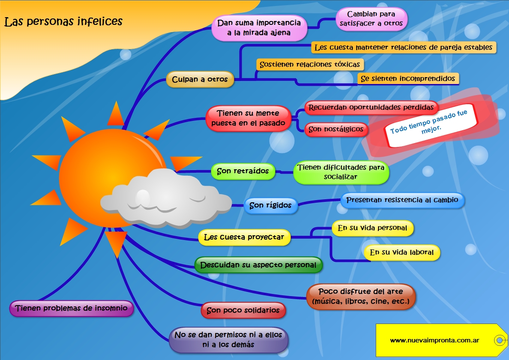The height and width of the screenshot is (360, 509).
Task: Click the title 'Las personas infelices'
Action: (x=63, y=21)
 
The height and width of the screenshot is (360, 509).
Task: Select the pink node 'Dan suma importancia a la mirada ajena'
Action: (x=259, y=28)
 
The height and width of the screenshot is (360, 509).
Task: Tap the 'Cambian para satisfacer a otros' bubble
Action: (x=371, y=19)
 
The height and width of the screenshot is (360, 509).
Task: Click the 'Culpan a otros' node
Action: (x=200, y=79)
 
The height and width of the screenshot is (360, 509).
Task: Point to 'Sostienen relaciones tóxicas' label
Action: (x=310, y=64)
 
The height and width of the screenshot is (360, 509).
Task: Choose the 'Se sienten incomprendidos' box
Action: (x=408, y=78)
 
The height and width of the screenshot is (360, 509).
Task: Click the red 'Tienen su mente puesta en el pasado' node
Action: (x=249, y=118)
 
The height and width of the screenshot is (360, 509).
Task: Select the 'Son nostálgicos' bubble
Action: (x=336, y=129)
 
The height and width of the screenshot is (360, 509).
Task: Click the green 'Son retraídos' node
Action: (x=243, y=171)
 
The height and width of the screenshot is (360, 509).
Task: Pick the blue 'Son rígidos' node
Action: (x=270, y=205)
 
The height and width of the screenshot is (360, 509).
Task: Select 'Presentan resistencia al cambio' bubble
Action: (x=402, y=200)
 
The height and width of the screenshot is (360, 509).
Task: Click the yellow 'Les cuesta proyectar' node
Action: (x=244, y=237)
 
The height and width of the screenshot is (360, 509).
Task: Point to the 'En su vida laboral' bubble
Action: (x=402, y=252)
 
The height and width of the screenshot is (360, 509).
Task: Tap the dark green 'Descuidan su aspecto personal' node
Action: (x=258, y=265)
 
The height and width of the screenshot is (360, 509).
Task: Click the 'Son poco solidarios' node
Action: (x=243, y=310)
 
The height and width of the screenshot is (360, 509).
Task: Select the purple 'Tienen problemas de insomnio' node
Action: (x=72, y=308)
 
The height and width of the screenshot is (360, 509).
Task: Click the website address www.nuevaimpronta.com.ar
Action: (x=434, y=341)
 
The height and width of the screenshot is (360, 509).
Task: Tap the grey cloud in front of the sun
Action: (x=165, y=198)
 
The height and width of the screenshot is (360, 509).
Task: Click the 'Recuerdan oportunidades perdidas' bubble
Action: (x=371, y=108)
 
